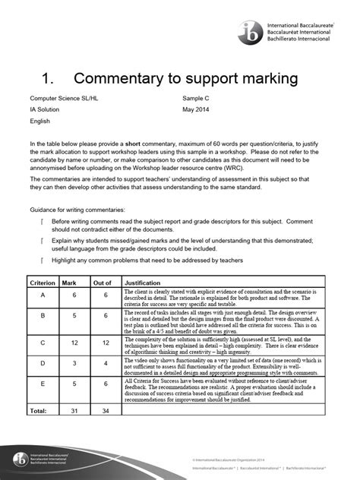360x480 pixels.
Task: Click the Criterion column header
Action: (x=43, y=280)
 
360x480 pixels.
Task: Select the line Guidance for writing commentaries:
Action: (x=77, y=208)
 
